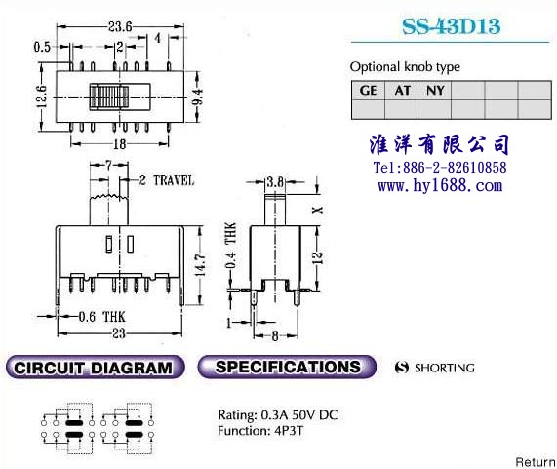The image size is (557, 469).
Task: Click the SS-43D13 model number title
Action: (451, 26)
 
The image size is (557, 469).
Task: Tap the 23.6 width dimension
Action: (120, 26)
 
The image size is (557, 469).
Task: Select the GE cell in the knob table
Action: (368, 90)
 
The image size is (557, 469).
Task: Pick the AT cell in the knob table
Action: (402, 90)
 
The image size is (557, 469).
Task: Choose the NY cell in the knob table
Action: (435, 90)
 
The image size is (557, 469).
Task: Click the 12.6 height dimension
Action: (42, 97)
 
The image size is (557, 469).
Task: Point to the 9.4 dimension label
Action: (198, 97)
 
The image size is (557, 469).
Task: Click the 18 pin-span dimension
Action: (120, 144)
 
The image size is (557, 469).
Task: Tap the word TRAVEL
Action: (174, 180)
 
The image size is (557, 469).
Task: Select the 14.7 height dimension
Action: (200, 264)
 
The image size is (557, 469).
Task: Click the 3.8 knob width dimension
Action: (275, 182)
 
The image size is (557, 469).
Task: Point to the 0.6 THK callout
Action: (101, 317)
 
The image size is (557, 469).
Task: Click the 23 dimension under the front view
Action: (119, 333)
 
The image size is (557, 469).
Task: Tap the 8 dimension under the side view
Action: (275, 335)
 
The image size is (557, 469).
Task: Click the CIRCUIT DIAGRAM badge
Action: (96, 367)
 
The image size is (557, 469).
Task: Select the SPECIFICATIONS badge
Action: (287, 367)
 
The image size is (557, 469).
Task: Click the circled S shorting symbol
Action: (402, 368)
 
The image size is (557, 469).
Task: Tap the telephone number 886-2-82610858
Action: (455, 167)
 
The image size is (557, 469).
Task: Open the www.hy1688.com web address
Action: (440, 185)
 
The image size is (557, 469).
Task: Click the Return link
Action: (536, 462)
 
